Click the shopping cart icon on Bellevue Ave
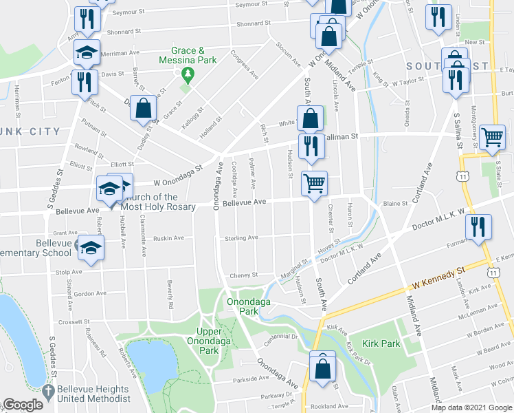point(314,183)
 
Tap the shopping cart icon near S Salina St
point(492,136)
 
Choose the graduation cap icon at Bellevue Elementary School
point(90,247)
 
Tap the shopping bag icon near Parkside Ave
point(322,366)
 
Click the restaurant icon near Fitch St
point(85,82)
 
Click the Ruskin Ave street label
point(169,238)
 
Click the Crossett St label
point(75,321)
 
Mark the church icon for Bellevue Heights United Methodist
point(47,389)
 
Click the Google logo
point(23,405)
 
